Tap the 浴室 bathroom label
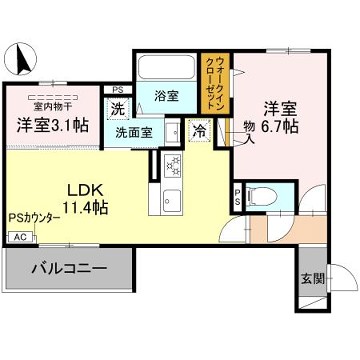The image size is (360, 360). pos(167,96)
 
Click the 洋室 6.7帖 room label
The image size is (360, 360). pos(280,117)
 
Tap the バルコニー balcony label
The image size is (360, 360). pos(69,268)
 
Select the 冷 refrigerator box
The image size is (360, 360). pos(200,129)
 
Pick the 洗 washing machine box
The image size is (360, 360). pos(118,108)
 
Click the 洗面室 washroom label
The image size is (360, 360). pos(134,132)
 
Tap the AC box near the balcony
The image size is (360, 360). pos(19,237)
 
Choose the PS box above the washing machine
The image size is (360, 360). pos(118,89)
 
